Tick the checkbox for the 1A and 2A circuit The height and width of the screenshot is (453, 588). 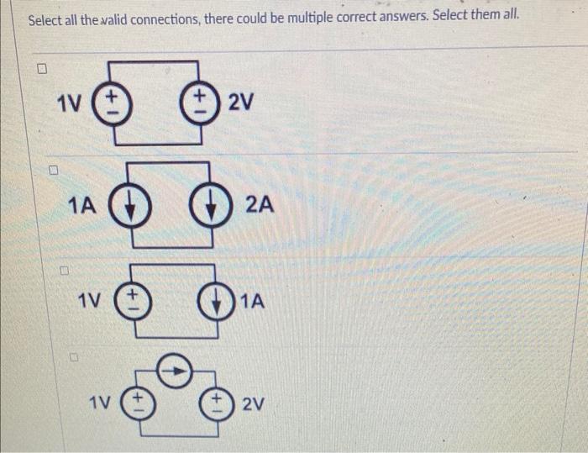click(x=52, y=171)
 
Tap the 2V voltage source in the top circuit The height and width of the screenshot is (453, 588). click(x=199, y=105)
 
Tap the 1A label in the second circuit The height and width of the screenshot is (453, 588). click(x=82, y=204)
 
